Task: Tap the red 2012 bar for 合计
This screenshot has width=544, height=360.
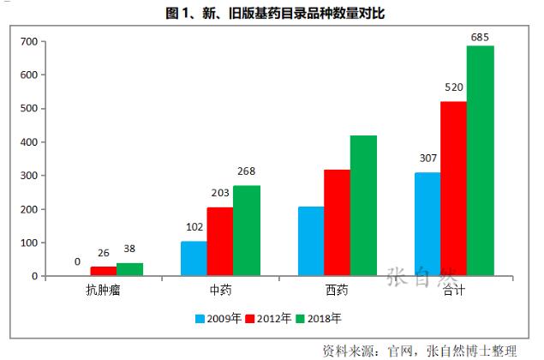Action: [453, 189]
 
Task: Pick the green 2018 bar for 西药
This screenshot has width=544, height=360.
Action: [363, 206]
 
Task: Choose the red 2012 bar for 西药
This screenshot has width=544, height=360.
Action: [337, 223]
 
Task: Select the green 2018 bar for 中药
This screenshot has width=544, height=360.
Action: [246, 231]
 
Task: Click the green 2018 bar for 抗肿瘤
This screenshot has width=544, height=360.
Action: [129, 269]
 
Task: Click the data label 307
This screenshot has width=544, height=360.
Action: [427, 159]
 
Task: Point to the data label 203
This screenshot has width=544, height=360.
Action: [220, 194]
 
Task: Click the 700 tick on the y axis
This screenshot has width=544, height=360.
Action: [28, 41]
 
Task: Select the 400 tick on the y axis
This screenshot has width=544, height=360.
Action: [28, 142]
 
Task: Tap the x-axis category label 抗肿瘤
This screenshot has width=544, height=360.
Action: [103, 291]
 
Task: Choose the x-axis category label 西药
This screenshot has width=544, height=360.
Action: [337, 291]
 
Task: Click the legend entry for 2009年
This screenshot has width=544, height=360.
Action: [218, 318]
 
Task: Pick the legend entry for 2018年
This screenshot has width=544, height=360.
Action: [319, 318]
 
